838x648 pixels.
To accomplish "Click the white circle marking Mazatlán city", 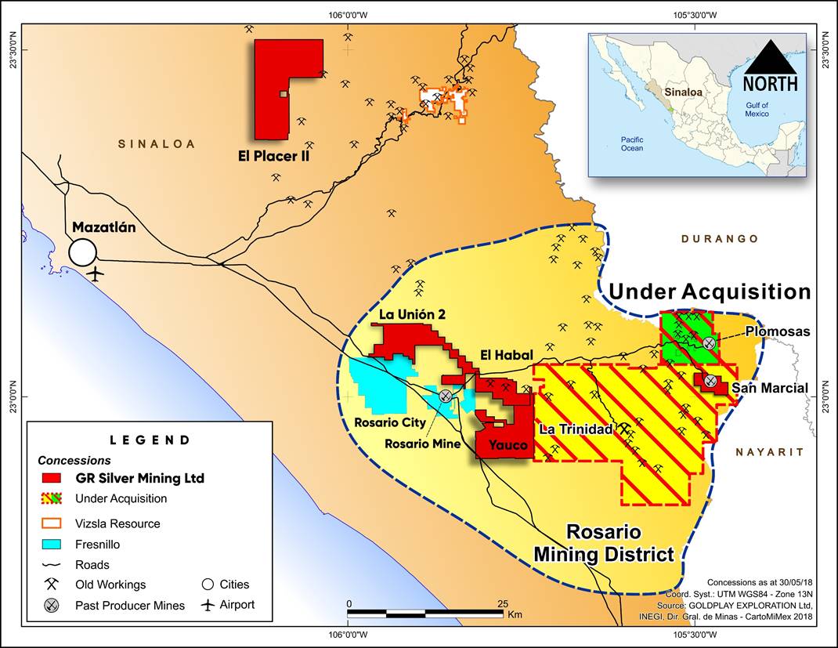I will tap(82, 252).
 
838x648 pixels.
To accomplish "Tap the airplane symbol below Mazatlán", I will tap(96, 274).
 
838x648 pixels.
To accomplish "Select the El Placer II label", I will tap(274, 156).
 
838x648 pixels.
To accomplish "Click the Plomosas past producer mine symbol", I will tap(709, 343).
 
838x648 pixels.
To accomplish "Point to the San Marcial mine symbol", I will tap(710, 381).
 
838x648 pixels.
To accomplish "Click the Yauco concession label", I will tap(504, 445).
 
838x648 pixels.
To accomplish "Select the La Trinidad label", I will tap(576, 429).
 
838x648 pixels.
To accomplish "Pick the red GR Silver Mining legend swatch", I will tap(52, 478).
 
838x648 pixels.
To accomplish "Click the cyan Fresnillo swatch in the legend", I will tap(52, 543).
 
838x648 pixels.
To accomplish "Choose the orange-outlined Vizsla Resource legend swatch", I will tap(52, 523).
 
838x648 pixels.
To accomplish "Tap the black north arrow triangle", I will tap(770, 56).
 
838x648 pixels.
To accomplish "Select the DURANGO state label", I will tap(719, 239).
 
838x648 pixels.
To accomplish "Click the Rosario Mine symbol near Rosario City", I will tap(445, 396).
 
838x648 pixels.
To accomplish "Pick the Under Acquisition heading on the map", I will tap(710, 292).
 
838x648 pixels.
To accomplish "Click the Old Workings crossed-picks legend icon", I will tap(52, 585).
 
